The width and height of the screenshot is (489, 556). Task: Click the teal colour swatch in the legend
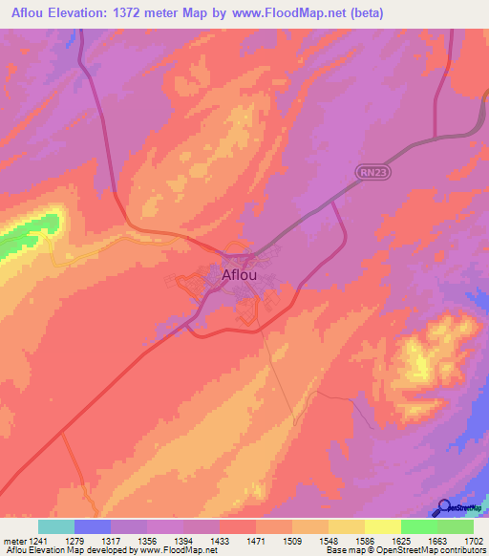tap(56, 525)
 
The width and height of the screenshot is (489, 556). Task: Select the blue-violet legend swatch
tap(93, 525)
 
